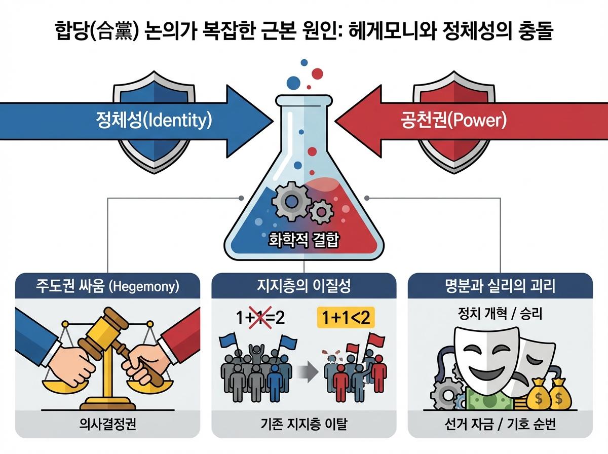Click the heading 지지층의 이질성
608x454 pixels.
303,286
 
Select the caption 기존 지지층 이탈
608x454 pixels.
303,424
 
